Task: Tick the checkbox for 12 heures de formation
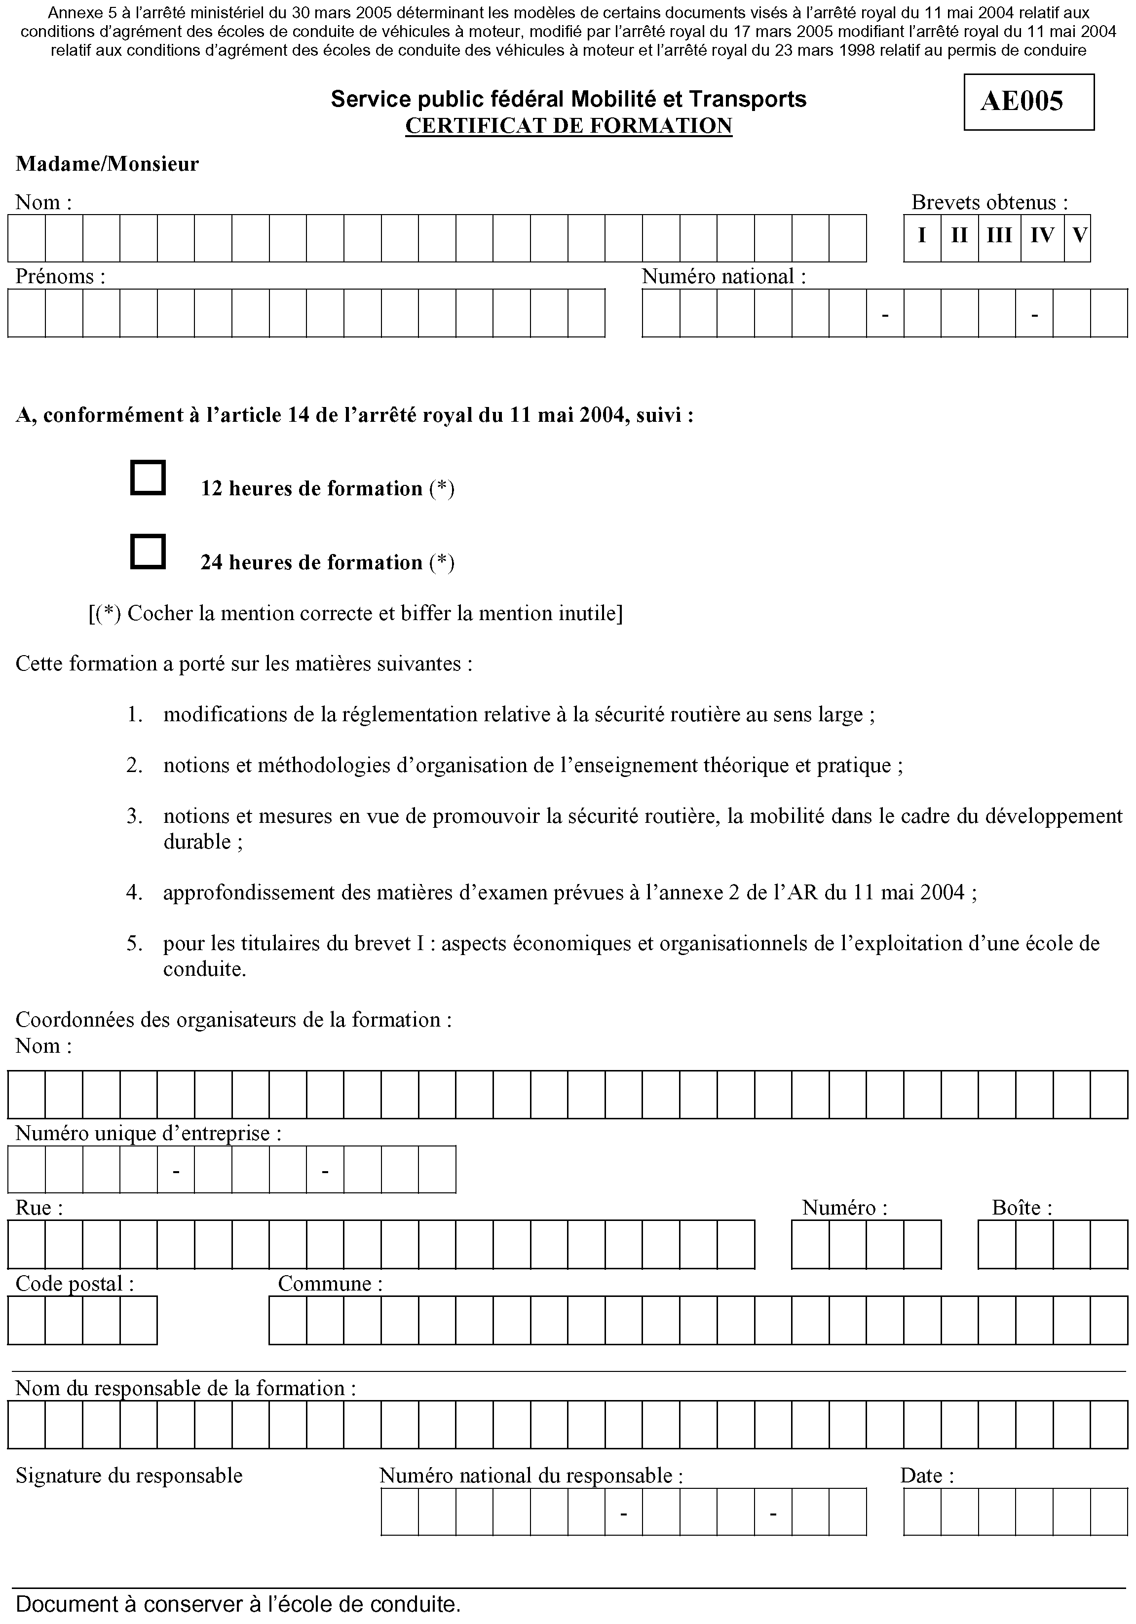coord(148,478)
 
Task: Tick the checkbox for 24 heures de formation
coord(148,551)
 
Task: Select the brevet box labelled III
coord(999,235)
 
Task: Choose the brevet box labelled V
coord(1079,235)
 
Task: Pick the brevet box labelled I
coord(922,235)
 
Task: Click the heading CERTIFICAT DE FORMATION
coord(568,126)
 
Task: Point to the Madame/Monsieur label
coord(107,164)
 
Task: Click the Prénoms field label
coord(60,277)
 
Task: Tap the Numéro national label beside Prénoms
coord(723,277)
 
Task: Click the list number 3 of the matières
coord(134,816)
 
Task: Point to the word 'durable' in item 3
coord(197,842)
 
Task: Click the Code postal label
coord(75,1284)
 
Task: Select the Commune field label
coord(330,1284)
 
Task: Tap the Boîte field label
coord(1022,1207)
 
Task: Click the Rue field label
coord(39,1207)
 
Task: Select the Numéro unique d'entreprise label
coord(148,1134)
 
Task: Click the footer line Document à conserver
coord(238,1604)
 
